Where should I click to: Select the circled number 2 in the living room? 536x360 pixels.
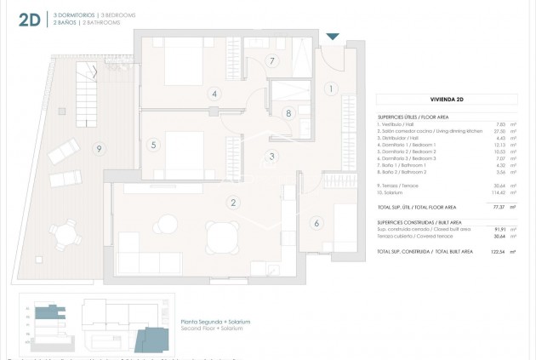pyautogui.click(x=231, y=203)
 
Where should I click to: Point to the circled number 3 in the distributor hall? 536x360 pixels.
pyautogui.click(x=271, y=156)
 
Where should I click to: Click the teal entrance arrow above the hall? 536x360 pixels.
pyautogui.click(x=332, y=36)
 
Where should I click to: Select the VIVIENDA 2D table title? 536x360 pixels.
pyautogui.click(x=447, y=100)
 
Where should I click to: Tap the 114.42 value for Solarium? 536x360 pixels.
pyautogui.click(x=499, y=196)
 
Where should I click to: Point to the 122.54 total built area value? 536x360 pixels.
pyautogui.click(x=498, y=253)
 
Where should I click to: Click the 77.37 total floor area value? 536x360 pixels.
pyautogui.click(x=499, y=207)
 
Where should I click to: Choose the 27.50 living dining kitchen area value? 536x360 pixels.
pyautogui.click(x=499, y=132)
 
